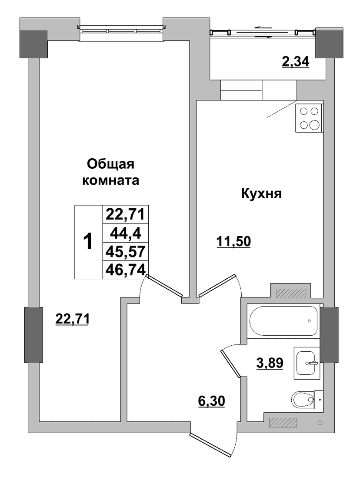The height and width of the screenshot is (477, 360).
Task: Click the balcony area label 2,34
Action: pos(295,62)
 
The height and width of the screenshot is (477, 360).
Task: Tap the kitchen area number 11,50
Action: pos(233,241)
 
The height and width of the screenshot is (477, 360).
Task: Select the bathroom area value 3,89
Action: pos(269,363)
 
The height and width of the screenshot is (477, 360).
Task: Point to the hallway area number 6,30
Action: pos(211,401)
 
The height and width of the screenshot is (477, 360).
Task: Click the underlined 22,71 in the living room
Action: pos(72,319)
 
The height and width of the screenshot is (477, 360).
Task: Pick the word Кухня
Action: pos(261,193)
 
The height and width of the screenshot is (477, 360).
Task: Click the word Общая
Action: pos(111,164)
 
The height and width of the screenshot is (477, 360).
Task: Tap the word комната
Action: pos(111,180)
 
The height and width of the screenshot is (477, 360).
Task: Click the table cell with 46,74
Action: pos(126,270)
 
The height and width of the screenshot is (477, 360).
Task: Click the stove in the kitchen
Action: pos(309,118)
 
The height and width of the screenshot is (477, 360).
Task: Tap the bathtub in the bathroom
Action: pos(283,321)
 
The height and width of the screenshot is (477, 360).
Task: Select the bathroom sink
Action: pos(306,363)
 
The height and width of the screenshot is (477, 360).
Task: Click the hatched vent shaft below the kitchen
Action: pos(290,293)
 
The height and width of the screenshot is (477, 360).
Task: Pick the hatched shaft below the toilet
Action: pos(283,422)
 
